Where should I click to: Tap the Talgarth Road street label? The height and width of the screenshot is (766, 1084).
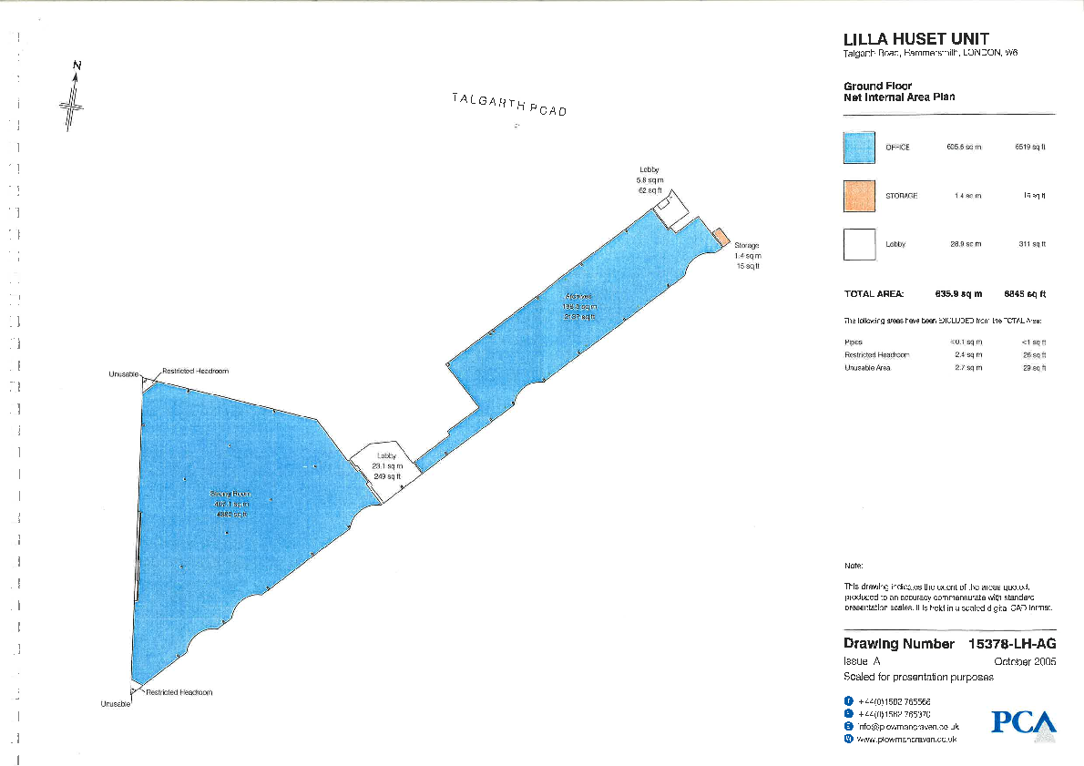point(508,104)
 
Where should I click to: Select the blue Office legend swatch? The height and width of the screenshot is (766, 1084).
point(859,148)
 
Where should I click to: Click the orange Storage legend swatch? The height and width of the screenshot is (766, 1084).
point(859,196)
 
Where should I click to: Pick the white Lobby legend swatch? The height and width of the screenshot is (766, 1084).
point(859,244)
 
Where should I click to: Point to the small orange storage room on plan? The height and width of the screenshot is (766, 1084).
point(720,236)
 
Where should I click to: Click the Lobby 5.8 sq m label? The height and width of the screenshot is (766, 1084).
point(649,180)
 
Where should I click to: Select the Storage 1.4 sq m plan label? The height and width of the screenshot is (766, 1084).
point(747,256)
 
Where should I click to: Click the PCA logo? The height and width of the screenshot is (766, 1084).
point(1024,723)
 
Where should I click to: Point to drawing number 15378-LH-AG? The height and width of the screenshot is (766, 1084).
point(1012,644)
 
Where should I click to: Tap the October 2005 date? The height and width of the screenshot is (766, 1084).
point(1025,662)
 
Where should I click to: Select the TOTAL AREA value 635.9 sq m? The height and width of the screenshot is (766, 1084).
point(959,294)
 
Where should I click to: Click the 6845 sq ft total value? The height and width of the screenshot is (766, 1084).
point(1024,294)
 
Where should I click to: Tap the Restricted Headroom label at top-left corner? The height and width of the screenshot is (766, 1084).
point(195,372)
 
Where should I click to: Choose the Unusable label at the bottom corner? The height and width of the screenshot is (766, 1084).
point(116,704)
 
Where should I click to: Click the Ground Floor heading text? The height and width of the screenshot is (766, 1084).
point(877,87)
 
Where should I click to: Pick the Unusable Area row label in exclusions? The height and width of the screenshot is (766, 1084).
point(867,368)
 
